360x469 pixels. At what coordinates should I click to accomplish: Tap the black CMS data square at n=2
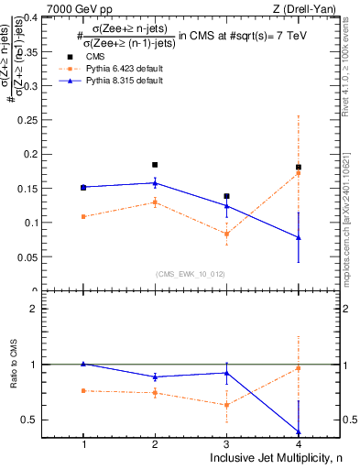(x=155, y=165)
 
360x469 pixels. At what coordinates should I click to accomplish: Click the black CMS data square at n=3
(x=226, y=196)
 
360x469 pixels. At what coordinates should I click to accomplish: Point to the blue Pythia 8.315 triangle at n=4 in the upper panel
(x=299, y=237)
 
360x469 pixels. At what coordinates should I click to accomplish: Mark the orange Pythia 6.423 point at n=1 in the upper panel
(x=83, y=216)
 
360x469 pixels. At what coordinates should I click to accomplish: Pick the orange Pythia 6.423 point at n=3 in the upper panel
(x=226, y=234)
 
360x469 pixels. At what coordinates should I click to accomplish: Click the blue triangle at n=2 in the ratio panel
(x=155, y=376)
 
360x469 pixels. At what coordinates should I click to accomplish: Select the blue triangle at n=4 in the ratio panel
(x=299, y=431)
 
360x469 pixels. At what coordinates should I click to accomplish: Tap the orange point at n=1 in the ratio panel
(x=83, y=390)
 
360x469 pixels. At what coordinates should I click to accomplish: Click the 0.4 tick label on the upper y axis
(x=48, y=16)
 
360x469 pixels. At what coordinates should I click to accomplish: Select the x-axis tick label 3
(x=226, y=444)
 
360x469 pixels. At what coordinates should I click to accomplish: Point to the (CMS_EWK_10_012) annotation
(x=191, y=273)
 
